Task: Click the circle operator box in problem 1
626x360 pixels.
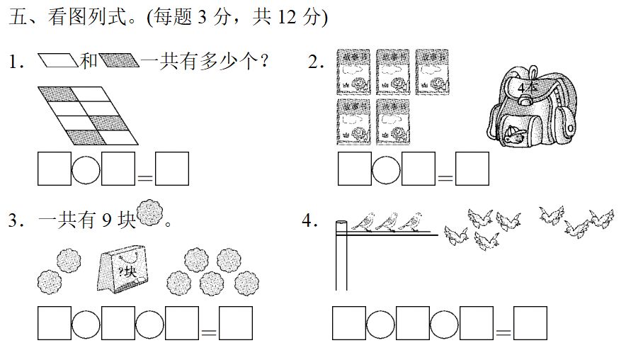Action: click(x=86, y=169)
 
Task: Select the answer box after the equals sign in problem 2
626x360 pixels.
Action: click(x=472, y=169)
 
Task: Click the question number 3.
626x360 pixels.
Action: click(x=13, y=220)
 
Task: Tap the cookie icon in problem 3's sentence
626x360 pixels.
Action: click(x=149, y=213)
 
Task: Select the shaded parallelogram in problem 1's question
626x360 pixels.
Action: click(x=119, y=61)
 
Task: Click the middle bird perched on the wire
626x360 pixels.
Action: click(x=385, y=222)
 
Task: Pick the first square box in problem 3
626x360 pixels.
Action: click(x=55, y=324)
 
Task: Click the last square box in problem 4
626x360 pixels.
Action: click(x=530, y=324)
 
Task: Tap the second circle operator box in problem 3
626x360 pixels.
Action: click(x=150, y=324)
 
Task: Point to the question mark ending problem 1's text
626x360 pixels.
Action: click(x=263, y=62)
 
